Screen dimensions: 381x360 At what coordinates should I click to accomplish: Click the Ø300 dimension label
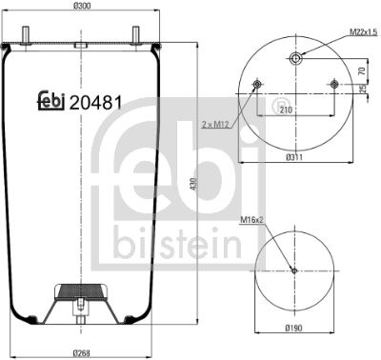click(x=82, y=6)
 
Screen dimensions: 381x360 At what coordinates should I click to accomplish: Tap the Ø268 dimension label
click(x=82, y=353)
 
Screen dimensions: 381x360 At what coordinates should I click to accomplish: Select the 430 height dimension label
click(x=194, y=184)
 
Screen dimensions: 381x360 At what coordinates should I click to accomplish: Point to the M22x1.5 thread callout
click(x=363, y=31)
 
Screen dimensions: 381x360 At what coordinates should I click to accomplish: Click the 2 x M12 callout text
click(x=215, y=125)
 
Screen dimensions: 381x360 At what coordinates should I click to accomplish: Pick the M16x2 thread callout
click(x=252, y=219)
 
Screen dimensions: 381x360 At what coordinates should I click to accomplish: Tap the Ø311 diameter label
click(x=294, y=157)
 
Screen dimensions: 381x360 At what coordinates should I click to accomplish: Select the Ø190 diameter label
click(x=294, y=328)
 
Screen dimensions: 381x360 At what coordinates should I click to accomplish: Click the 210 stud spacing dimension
click(x=286, y=110)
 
